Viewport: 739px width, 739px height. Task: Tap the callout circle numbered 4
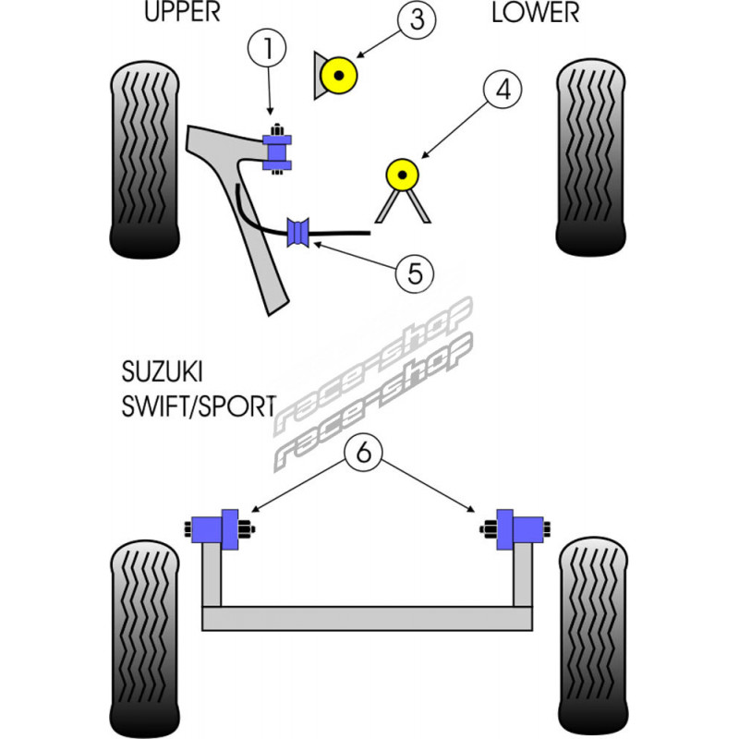point(502,90)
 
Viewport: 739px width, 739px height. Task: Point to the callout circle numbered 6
point(364,453)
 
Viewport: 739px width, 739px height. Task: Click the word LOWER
point(536,13)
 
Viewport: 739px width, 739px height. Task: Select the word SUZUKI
point(162,373)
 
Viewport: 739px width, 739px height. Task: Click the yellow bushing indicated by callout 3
point(340,75)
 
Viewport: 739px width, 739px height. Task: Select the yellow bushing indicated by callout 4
point(402,173)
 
